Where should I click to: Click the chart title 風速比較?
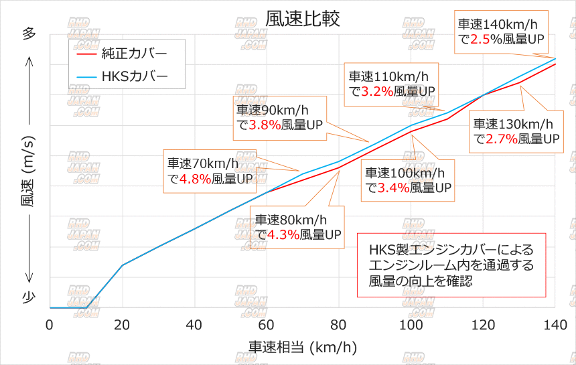click(303, 18)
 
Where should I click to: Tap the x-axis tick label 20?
click(122, 325)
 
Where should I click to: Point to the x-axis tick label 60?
click(267, 325)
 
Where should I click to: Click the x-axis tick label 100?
click(411, 325)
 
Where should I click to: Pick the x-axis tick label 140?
click(555, 325)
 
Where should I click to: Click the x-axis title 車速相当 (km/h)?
click(303, 348)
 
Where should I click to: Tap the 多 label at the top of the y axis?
click(29, 35)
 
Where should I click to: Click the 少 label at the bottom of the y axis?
click(29, 297)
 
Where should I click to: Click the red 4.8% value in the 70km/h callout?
click(196, 179)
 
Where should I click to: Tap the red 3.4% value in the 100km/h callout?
click(393, 188)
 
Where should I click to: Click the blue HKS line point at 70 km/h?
click(303, 174)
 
